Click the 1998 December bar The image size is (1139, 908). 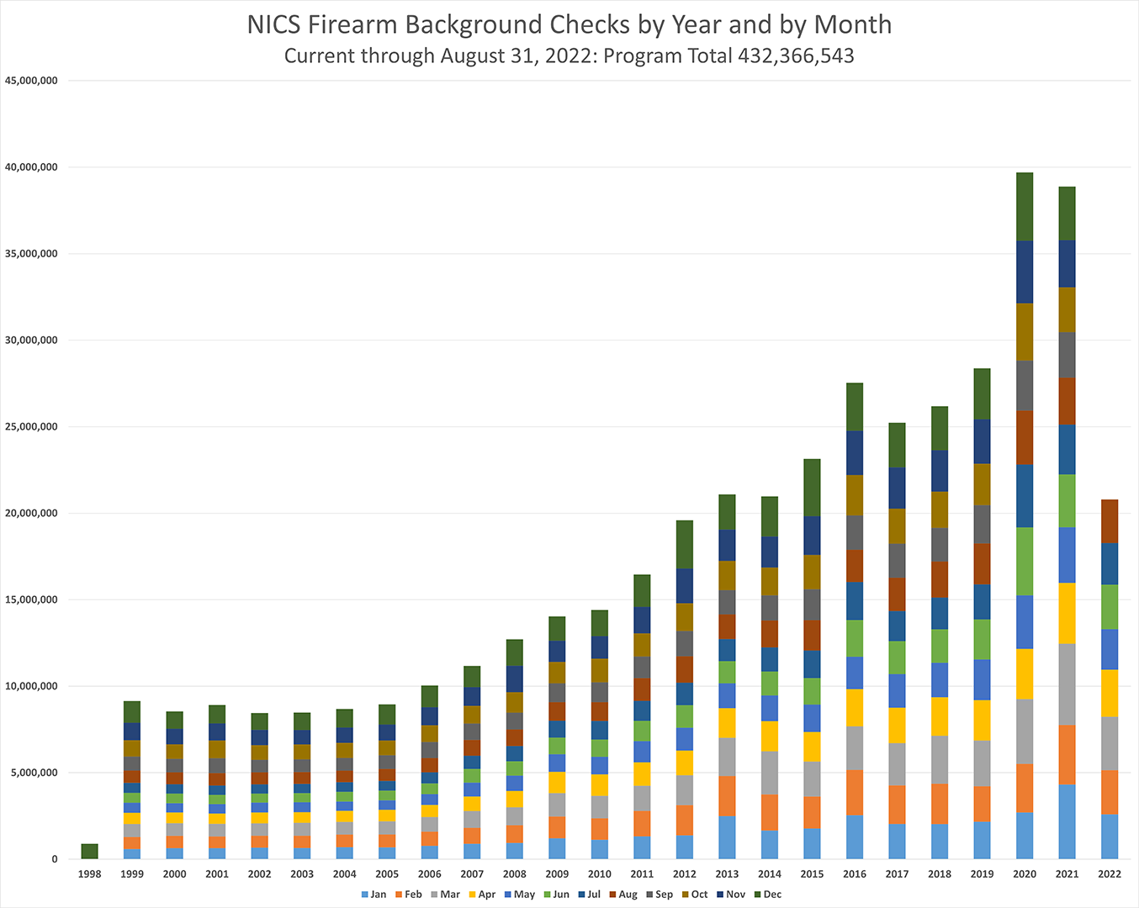[x=89, y=851]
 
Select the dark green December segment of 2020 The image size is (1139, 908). [x=1025, y=207]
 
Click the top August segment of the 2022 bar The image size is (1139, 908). [x=1110, y=521]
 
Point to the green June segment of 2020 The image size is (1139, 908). [x=1025, y=562]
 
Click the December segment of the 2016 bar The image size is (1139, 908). [x=855, y=407]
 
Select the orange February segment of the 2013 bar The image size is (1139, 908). [x=727, y=796]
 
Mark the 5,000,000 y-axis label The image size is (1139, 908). [x=34, y=773]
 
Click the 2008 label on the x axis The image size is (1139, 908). [x=515, y=874]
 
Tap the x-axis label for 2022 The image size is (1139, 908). [x=1110, y=874]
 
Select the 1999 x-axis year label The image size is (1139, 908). [x=132, y=874]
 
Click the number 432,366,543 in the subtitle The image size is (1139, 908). [x=796, y=56]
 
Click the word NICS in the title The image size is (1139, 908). [x=273, y=25]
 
